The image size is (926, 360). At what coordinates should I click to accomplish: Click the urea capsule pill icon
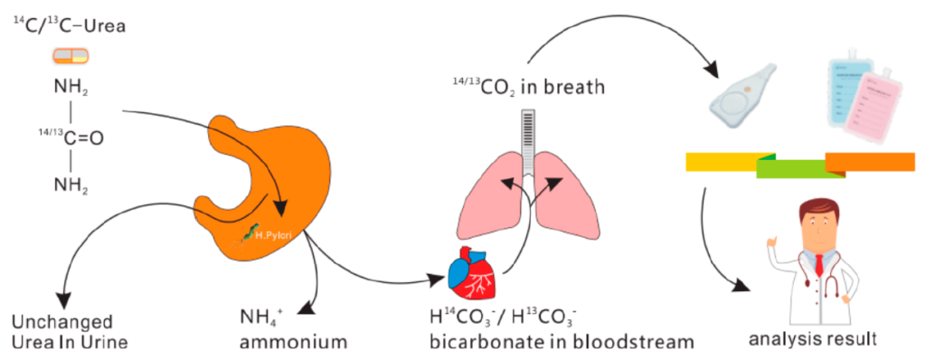click(71, 56)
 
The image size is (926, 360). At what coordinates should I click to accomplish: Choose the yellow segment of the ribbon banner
click(730, 161)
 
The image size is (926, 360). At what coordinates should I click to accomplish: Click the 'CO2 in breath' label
click(527, 89)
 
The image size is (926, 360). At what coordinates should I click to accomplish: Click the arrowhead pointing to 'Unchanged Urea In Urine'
click(63, 299)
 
